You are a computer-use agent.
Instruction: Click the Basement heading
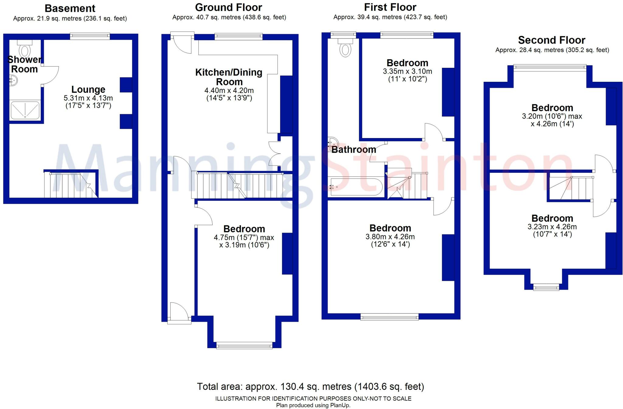[x=70, y=8]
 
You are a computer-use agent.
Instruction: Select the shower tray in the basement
[x=25, y=110]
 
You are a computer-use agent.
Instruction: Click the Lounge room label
[x=88, y=89]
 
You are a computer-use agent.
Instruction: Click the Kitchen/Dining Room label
[x=229, y=77]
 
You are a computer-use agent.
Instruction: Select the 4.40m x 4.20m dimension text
[x=229, y=91]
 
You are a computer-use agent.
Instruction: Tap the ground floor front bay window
[x=244, y=345]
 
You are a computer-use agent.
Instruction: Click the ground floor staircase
[x=240, y=185]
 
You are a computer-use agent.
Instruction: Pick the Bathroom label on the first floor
[x=353, y=150]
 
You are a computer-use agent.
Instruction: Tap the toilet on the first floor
[x=345, y=49]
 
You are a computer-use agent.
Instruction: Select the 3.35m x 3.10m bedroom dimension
[x=407, y=71]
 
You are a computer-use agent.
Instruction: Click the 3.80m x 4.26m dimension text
[x=390, y=237]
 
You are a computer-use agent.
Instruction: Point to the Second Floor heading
[x=552, y=40]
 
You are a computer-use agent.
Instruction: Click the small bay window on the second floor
[x=546, y=287]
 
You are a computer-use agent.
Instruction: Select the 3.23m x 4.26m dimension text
[x=552, y=227]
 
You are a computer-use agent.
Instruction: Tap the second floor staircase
[x=570, y=189]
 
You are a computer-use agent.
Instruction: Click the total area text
[x=310, y=386]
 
